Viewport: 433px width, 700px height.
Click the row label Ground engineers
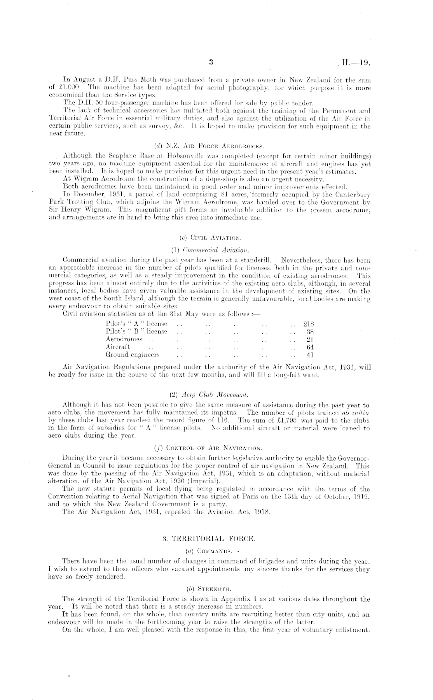[x=133, y=354]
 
